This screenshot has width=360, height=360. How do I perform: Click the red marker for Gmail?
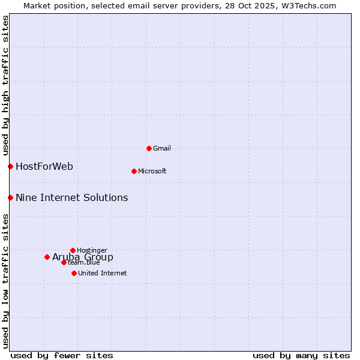click(x=149, y=148)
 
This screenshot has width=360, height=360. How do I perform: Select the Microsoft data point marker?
click(x=134, y=171)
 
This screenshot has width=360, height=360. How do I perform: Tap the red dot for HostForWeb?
click(x=10, y=166)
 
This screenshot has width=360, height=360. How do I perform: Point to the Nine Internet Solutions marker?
click(x=10, y=197)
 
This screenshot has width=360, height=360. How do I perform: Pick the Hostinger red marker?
click(x=73, y=250)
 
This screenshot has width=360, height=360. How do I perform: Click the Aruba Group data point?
click(x=47, y=257)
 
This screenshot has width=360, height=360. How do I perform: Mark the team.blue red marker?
click(x=64, y=262)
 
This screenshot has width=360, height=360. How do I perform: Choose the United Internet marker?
click(x=74, y=273)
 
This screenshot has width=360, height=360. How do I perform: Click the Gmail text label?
click(x=162, y=148)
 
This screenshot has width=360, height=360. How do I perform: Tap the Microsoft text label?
click(x=152, y=171)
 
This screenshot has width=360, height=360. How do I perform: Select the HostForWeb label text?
click(x=44, y=166)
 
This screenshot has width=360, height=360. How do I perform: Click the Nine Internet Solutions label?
click(x=71, y=197)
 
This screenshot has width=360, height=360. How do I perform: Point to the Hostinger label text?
click(x=92, y=250)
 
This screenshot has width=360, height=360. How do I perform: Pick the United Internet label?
click(x=102, y=273)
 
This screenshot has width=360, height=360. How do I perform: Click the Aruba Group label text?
click(x=83, y=257)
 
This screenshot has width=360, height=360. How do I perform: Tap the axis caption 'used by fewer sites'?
click(x=62, y=355)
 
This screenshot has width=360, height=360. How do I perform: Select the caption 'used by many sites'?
click(x=301, y=355)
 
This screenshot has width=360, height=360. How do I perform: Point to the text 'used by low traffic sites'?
click(x=5, y=281)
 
